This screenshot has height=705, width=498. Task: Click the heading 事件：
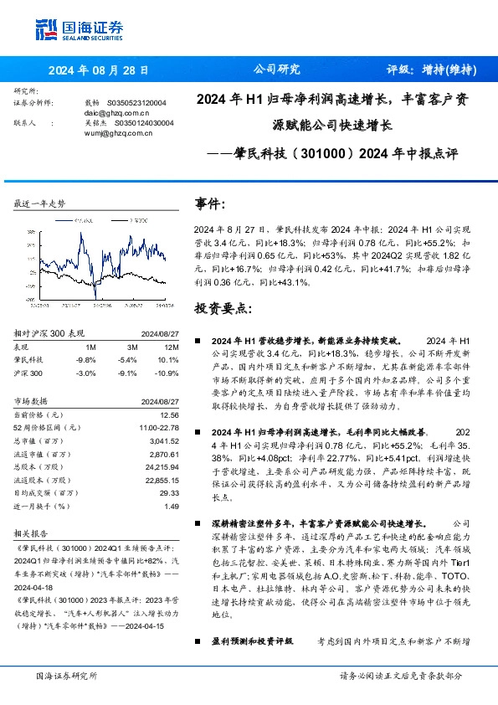point(211,203)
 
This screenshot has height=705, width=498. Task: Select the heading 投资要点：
point(223,308)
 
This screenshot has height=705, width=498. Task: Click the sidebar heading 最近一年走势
point(40,203)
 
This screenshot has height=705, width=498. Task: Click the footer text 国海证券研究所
point(65,675)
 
